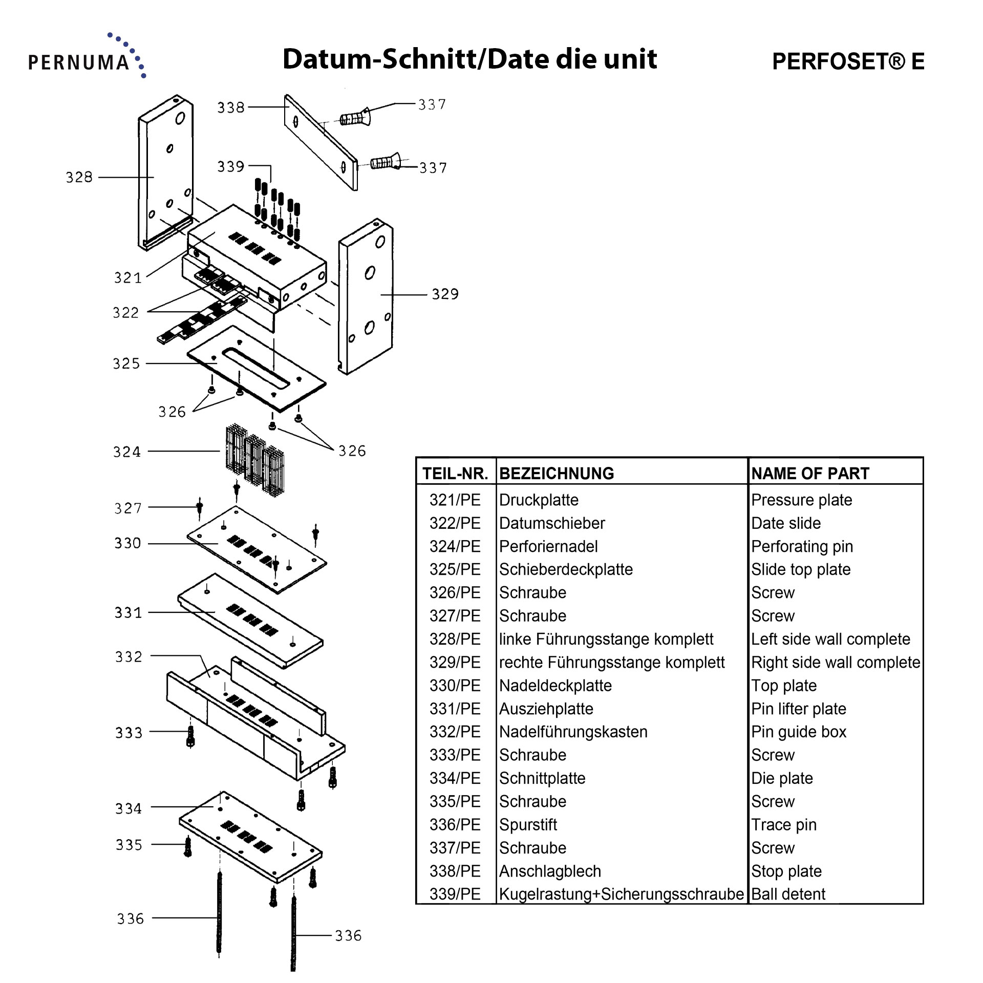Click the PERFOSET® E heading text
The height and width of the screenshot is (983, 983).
tap(848, 61)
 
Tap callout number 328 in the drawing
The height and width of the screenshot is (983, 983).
tap(79, 177)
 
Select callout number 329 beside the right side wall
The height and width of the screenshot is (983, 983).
tap(445, 294)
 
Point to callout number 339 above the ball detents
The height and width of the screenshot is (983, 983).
tap(230, 166)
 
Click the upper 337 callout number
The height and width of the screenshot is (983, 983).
tap(432, 104)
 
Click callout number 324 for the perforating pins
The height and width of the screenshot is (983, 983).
tap(126, 452)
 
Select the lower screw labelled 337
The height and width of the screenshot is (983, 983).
tap(385, 163)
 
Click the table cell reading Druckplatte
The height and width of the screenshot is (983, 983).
tap(539, 500)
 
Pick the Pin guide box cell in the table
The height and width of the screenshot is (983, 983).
tap(798, 732)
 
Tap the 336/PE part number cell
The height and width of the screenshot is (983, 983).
tap(455, 824)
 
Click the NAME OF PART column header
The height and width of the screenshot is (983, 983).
tap(810, 473)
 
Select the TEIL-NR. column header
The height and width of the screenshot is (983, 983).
tap(455, 473)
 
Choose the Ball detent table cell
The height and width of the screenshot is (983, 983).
tap(788, 894)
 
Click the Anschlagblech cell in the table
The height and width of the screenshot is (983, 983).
tap(550, 871)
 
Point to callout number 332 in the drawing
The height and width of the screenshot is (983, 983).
tap(128, 656)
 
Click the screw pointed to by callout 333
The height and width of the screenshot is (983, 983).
tap(190, 737)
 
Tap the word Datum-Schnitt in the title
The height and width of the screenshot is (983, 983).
tap(378, 59)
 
